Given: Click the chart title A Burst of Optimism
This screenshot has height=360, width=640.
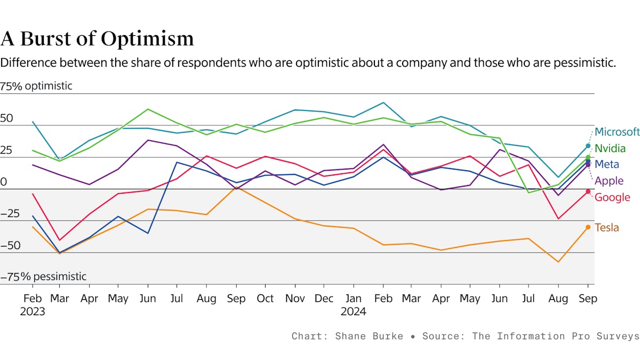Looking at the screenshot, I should click(97, 39).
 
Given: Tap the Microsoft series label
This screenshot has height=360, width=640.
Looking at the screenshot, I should click(617, 132).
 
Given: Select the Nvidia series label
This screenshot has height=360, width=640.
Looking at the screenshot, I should click(610, 148).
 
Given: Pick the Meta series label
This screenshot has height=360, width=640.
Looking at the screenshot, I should click(607, 164).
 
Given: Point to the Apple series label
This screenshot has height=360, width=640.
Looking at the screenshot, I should click(609, 181).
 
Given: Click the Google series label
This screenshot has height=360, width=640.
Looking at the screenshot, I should click(612, 197).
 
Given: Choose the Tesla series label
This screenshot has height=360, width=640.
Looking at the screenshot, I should click(607, 228).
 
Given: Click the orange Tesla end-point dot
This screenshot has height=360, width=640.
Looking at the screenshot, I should click(588, 227).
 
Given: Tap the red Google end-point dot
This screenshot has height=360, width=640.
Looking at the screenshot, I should click(588, 191).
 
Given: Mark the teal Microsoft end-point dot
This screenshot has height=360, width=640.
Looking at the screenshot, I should click(588, 146).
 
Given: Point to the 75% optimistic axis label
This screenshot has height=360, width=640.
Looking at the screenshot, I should click(36, 86).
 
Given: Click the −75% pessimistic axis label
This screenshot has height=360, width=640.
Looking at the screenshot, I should click(43, 277).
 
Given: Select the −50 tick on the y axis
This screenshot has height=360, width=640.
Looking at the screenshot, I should click(10, 246).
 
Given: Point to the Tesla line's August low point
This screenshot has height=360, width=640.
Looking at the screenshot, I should click(558, 262).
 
